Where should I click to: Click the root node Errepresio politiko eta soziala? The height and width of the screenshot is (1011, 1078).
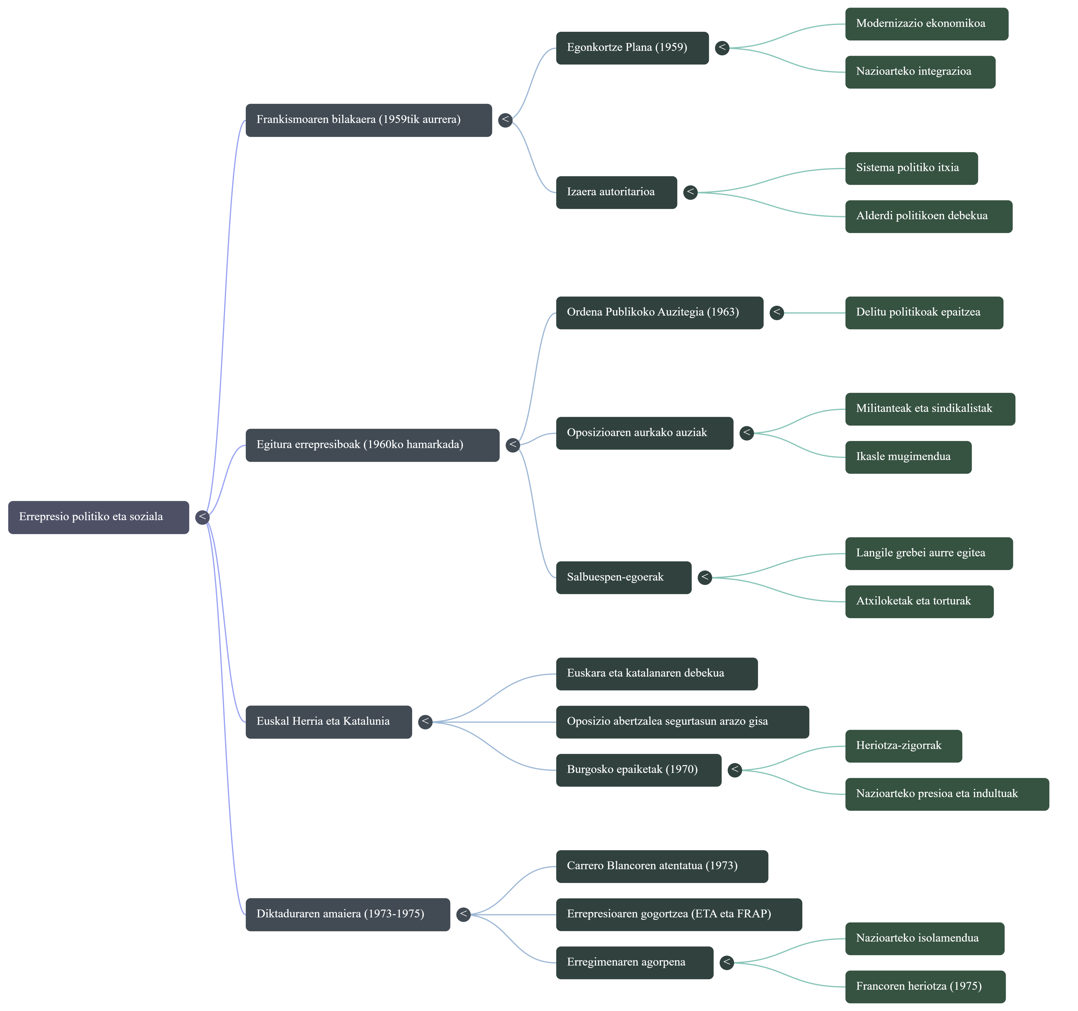[98, 517]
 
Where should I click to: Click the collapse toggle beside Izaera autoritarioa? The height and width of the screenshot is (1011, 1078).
[690, 192]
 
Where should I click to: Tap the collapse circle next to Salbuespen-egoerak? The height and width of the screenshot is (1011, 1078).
[705, 577]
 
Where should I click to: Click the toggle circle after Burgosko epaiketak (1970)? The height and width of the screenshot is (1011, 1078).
[735, 770]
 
